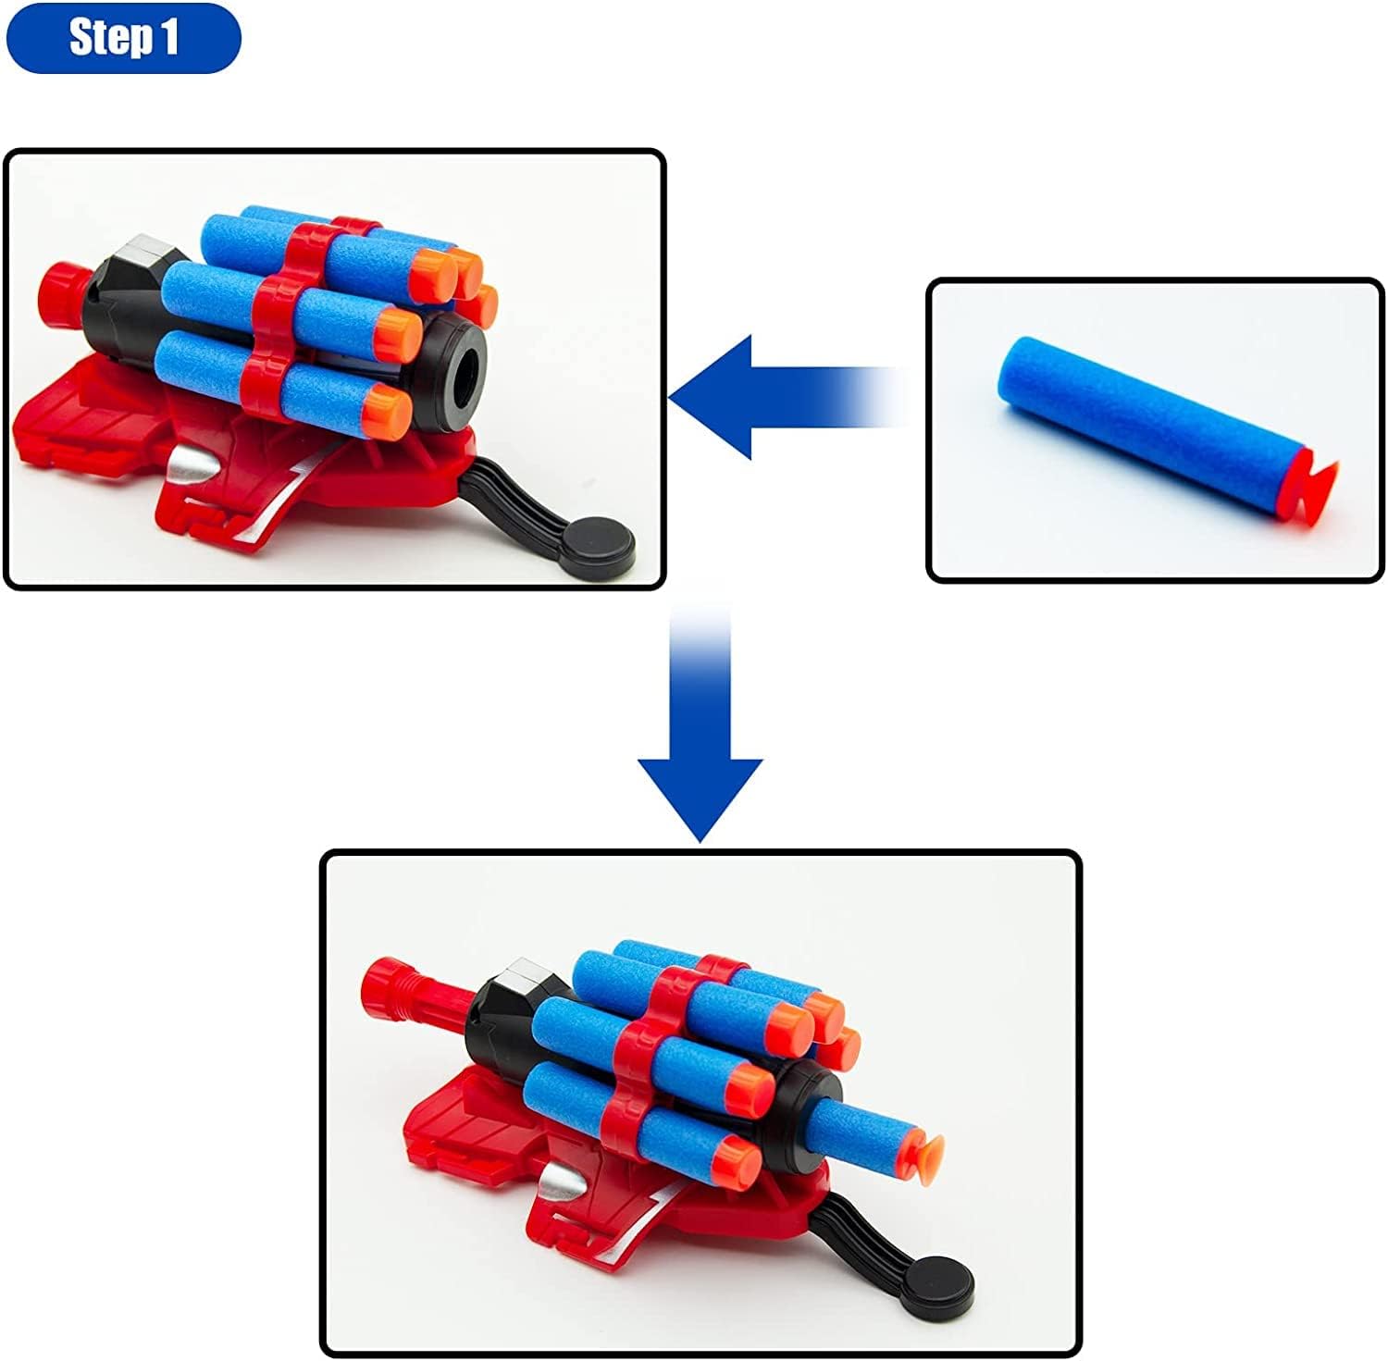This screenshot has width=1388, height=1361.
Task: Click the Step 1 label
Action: [122, 38]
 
